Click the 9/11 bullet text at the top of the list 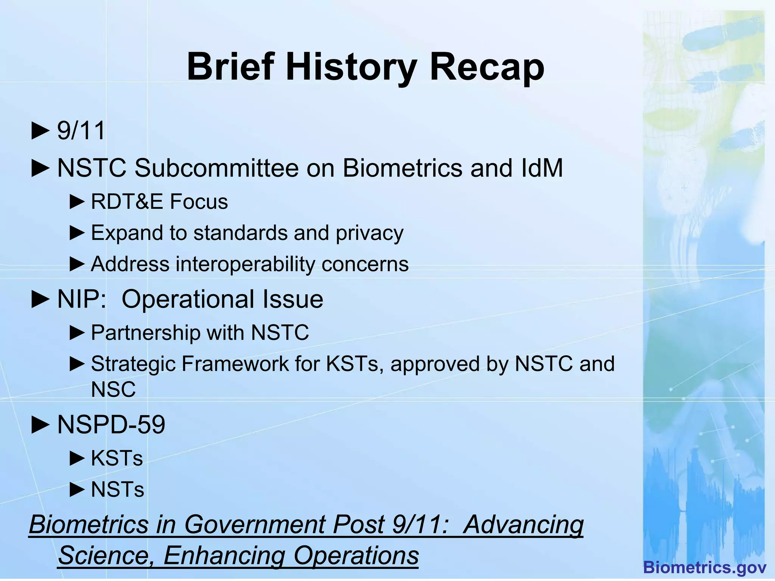[81, 131]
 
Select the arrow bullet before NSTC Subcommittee [40, 168]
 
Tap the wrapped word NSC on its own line [113, 389]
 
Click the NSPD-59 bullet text [111, 425]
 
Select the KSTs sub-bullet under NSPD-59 [117, 458]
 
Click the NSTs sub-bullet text [118, 489]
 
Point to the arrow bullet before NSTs [77, 490]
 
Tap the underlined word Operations [356, 556]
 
